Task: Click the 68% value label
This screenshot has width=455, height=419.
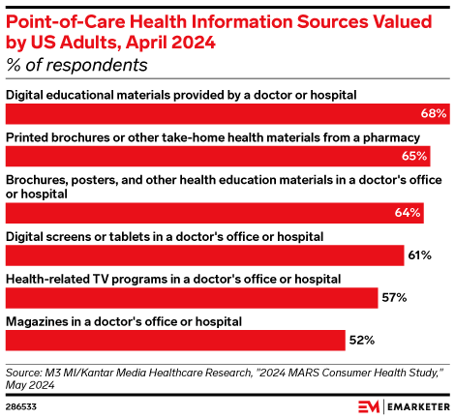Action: coord(434,114)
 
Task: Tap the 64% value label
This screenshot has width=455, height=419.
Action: coord(408,212)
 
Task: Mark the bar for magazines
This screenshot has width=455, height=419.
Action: coord(175,340)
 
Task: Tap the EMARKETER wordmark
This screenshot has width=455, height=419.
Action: coord(407,404)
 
